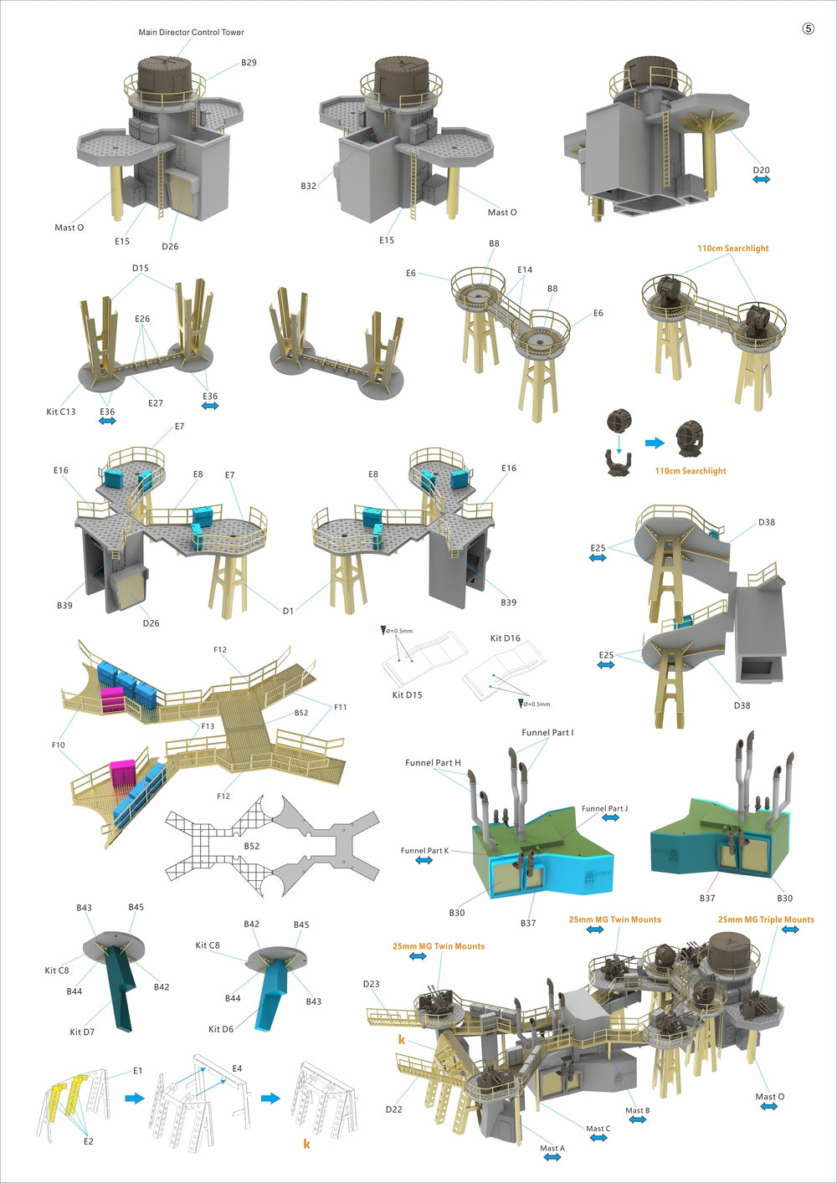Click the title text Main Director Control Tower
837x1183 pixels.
click(x=191, y=33)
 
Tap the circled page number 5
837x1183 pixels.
click(x=808, y=28)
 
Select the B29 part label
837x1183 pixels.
click(x=249, y=63)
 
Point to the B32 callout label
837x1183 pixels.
click(x=308, y=186)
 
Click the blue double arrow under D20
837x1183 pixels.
click(x=761, y=180)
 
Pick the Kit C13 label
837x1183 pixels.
click(x=60, y=412)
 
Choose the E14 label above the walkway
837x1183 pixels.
click(x=525, y=270)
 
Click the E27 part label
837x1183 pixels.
click(x=156, y=403)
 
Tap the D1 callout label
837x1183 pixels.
click(x=288, y=611)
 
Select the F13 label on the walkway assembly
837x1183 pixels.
click(x=208, y=726)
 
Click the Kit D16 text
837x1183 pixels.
click(x=505, y=638)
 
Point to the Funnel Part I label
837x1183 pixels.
click(x=547, y=733)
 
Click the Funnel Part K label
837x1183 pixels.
click(x=424, y=851)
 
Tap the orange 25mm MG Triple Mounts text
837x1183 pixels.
click(x=766, y=919)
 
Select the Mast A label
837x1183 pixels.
click(x=552, y=1148)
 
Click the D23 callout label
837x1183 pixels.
click(x=371, y=984)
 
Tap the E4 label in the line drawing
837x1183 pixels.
click(x=237, y=1068)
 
